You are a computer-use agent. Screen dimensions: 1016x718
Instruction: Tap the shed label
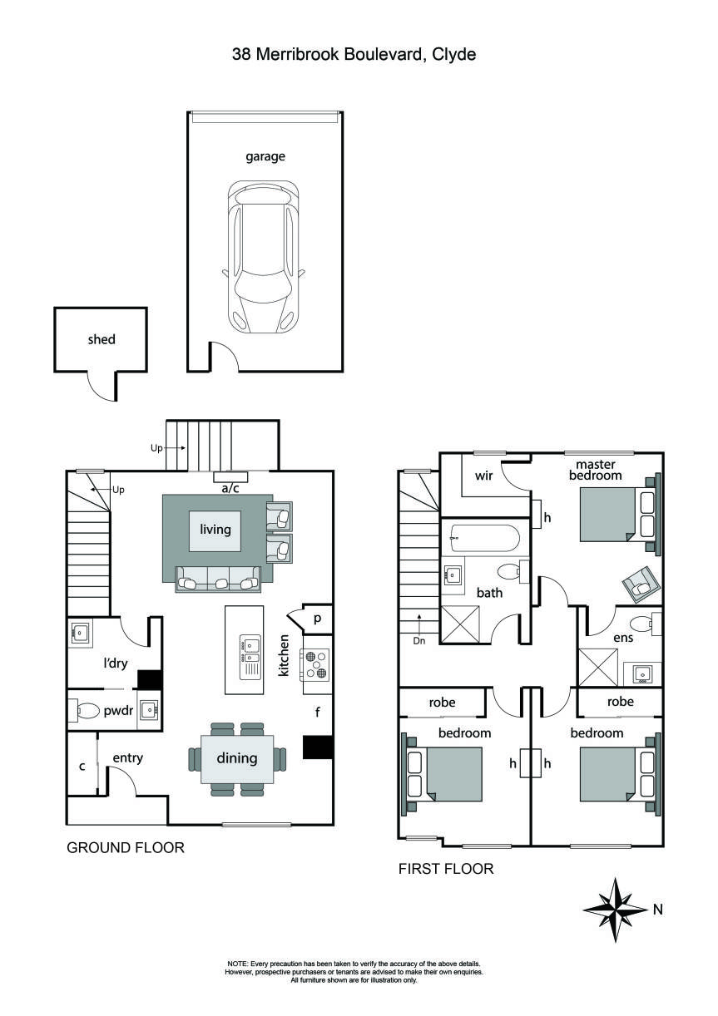tap(102, 339)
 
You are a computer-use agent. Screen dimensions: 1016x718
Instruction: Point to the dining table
tap(237, 758)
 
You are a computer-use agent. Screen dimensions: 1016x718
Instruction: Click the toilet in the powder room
tap(88, 711)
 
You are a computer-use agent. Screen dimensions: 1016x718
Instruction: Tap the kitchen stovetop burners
tap(316, 664)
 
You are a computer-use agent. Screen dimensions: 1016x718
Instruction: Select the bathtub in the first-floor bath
tap(483, 539)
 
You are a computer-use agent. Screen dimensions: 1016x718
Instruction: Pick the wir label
tap(485, 476)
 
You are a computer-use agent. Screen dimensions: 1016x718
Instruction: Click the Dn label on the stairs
tap(419, 641)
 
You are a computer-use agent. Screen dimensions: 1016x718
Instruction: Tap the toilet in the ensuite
tap(642, 624)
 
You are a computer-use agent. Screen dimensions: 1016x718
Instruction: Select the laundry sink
tap(81, 634)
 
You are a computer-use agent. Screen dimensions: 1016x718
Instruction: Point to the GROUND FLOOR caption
tap(125, 847)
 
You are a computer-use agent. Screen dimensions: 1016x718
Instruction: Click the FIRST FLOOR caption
tap(446, 869)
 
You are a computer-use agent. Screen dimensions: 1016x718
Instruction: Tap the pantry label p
tap(317, 619)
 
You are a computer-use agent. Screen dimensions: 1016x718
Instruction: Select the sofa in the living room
tap(216, 580)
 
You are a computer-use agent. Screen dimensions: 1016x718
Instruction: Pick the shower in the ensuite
tap(598, 666)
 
